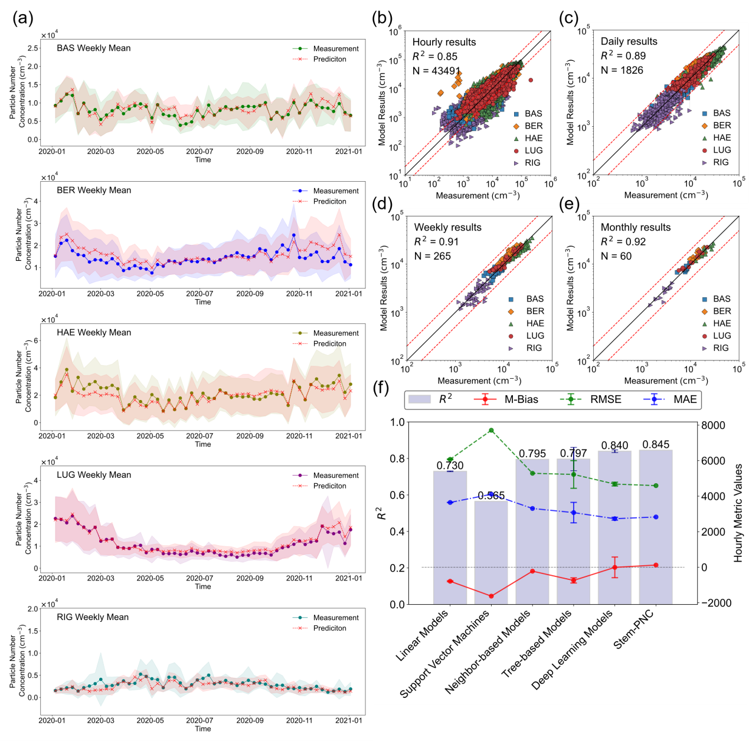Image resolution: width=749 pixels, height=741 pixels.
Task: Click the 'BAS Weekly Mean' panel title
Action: [x=93, y=48]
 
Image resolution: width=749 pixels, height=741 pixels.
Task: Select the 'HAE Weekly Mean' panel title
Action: [x=93, y=333]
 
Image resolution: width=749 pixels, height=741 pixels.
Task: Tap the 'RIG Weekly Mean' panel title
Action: [x=92, y=617]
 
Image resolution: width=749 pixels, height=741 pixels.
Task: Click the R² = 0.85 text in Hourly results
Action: [x=435, y=57]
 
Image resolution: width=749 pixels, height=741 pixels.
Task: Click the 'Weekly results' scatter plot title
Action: [x=447, y=227]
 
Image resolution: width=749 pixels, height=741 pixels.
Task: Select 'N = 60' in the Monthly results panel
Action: [x=616, y=256]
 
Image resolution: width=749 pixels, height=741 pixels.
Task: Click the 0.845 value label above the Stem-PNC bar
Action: [x=656, y=444]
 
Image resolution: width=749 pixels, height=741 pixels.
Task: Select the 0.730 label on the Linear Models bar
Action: [x=450, y=465]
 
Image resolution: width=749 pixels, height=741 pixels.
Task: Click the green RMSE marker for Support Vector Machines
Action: [x=491, y=431]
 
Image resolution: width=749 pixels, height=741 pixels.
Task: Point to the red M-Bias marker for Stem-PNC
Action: [x=656, y=565]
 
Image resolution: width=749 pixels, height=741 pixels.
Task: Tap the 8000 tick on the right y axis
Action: [x=713, y=425]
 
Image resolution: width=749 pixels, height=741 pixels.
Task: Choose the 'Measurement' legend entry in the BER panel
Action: [x=335, y=191]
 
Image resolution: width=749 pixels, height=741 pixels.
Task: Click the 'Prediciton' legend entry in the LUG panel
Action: [x=329, y=486]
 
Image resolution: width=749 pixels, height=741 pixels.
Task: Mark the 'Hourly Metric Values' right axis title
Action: [x=738, y=513]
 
